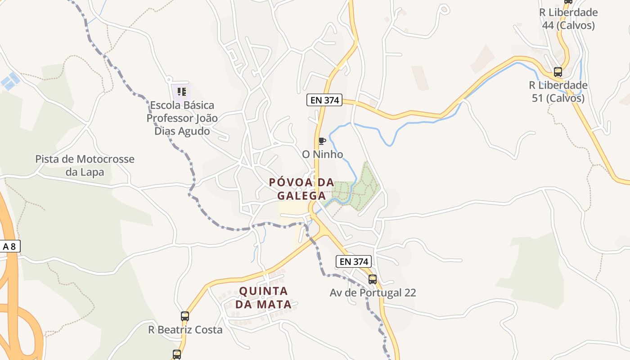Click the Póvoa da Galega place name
301,189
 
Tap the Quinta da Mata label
263,297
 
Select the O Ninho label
322,154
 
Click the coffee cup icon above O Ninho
322,141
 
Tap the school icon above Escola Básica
182,92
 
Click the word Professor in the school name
171,118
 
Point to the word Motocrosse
105,159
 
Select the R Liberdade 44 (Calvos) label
568,19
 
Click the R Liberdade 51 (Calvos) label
558,91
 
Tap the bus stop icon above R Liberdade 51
558,72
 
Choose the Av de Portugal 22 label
373,292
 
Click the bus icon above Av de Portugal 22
373,279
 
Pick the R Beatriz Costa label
185,330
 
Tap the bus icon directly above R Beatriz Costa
185,316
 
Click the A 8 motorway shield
9,246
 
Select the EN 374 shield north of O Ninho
324,100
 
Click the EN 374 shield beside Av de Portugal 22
354,261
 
